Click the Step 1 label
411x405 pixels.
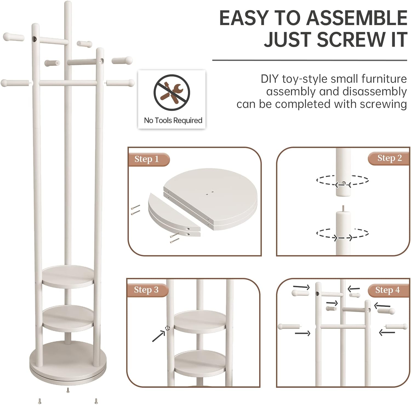(x=147, y=159)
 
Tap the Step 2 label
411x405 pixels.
(x=389, y=158)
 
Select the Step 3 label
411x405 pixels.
(x=146, y=290)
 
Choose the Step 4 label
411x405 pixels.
(x=387, y=290)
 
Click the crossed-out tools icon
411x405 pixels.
(x=172, y=91)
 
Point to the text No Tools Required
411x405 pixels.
(x=173, y=120)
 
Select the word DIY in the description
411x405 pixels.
(x=270, y=79)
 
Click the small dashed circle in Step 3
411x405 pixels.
(x=167, y=328)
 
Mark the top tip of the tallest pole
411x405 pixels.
(x=67, y=2)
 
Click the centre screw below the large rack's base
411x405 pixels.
(x=68, y=390)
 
